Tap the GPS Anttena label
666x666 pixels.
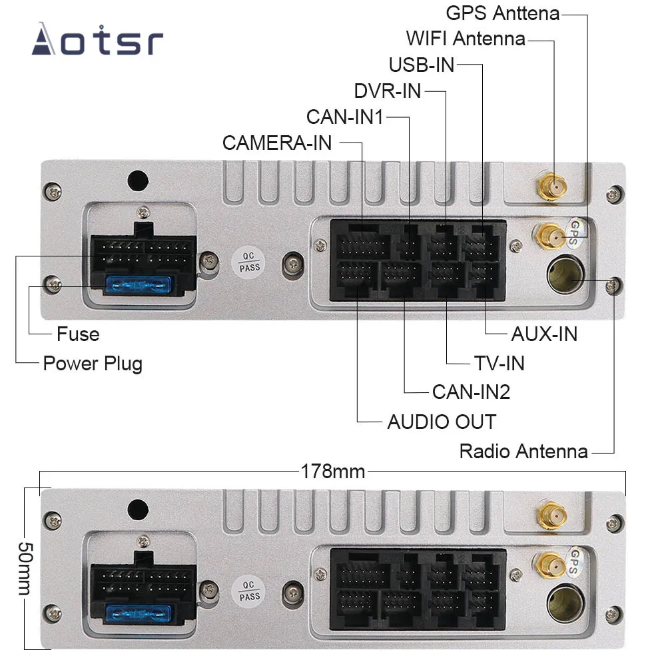tap(502, 13)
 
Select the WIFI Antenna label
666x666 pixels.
tap(466, 38)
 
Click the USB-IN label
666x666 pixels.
tap(422, 65)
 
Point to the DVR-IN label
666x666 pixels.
tap(388, 91)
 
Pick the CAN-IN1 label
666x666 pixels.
tap(345, 117)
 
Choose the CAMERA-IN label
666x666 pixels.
tap(277, 143)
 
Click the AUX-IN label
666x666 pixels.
tap(543, 333)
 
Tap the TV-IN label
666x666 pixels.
tap(499, 363)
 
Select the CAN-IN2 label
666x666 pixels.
tap(471, 392)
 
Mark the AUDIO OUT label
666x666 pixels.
tap(442, 422)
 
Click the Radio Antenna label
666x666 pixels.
tap(523, 452)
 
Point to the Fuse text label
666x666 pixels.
tap(78, 334)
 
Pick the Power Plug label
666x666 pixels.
tap(93, 364)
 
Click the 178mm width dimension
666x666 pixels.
tap(332, 472)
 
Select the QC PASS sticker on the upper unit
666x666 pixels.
tap(250, 262)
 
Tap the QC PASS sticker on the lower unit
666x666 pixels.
tap(250, 589)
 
